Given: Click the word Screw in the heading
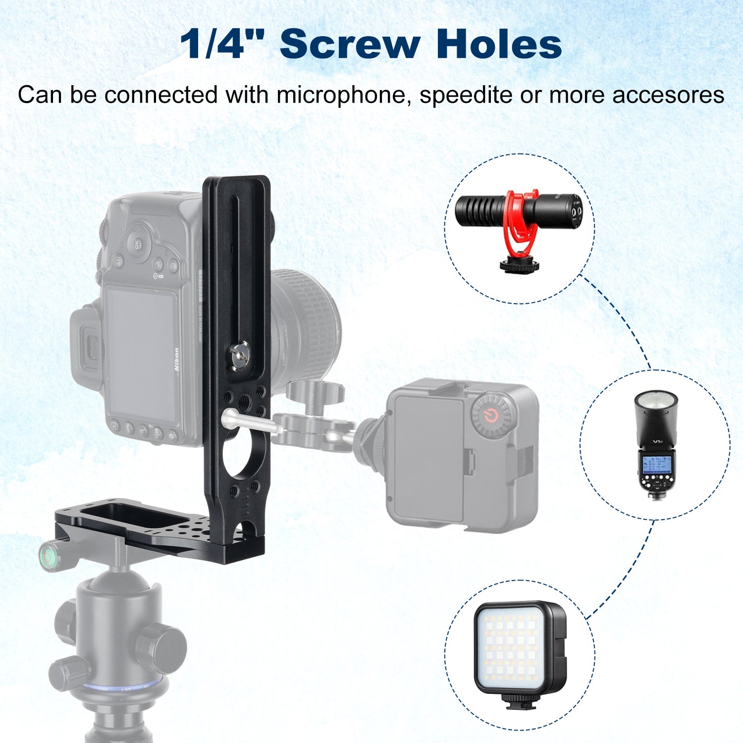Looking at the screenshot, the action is pos(350,45).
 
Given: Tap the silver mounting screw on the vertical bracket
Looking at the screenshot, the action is pos(239,354).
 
